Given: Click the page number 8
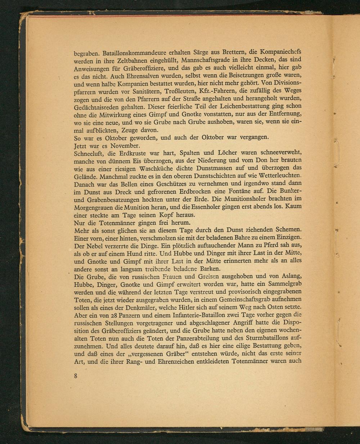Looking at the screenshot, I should pyautogui.click(x=76, y=376).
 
